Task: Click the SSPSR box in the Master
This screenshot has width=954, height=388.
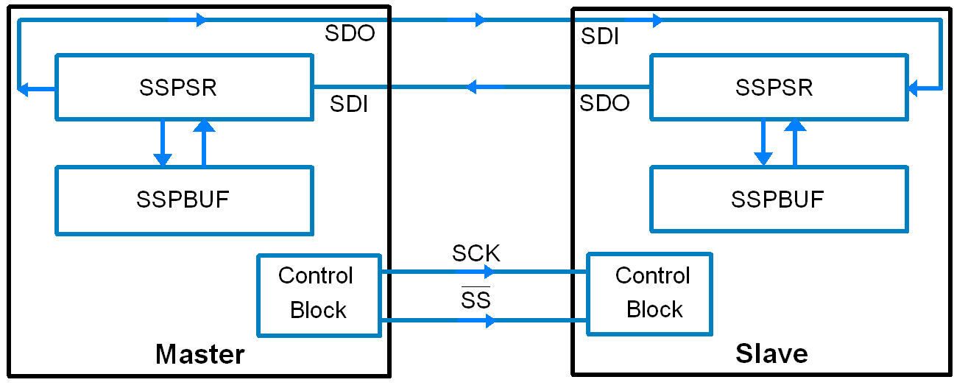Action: (183, 87)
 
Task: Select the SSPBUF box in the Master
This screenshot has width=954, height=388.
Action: (183, 200)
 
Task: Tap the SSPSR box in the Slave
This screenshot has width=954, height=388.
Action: (777, 87)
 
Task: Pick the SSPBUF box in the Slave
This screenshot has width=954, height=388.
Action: (777, 200)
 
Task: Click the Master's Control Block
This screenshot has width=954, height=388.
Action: (318, 294)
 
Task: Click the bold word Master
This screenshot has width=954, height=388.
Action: (199, 355)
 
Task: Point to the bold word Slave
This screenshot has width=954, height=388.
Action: (771, 354)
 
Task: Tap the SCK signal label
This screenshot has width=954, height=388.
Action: (476, 254)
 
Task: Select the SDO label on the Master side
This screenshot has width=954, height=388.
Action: (350, 34)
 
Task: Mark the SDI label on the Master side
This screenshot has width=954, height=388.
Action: (348, 105)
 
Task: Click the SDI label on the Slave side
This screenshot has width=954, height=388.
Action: (599, 37)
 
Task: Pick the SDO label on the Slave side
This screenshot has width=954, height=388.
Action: (604, 103)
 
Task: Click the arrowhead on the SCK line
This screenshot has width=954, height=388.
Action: (488, 272)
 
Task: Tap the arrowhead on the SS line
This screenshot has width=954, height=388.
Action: (490, 320)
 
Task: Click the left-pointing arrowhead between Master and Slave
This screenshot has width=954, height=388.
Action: (472, 87)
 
